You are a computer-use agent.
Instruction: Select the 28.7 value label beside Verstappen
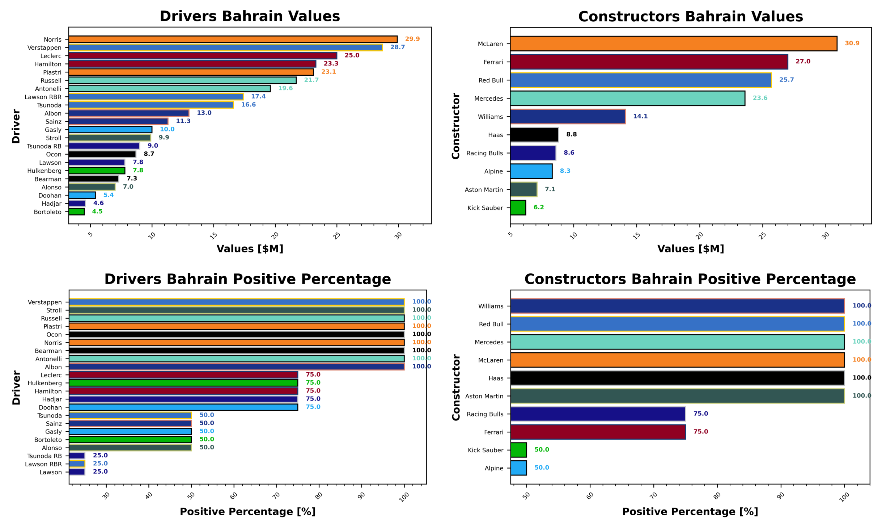(397, 47)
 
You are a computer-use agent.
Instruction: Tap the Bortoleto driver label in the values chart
(47, 212)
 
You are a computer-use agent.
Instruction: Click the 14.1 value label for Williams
(640, 116)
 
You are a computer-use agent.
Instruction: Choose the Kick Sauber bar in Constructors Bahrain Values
(518, 208)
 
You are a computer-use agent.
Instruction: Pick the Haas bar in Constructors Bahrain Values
(534, 135)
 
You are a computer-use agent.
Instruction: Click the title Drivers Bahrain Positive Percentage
(247, 279)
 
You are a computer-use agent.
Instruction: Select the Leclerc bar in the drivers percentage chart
(183, 375)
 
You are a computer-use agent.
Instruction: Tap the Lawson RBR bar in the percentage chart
(77, 464)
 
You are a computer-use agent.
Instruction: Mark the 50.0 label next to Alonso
(207, 447)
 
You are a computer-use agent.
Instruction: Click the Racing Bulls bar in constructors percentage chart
(598, 414)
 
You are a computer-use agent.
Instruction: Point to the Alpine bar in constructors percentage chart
(518, 468)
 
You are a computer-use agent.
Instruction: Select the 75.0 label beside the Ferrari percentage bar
(700, 431)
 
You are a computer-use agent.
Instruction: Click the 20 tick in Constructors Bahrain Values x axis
(700, 235)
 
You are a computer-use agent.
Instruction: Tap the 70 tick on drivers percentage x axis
(276, 495)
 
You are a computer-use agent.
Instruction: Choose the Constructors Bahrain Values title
(690, 17)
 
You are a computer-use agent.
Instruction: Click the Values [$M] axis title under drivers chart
(250, 249)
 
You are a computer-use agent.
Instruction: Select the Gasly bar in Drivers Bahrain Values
(110, 130)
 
